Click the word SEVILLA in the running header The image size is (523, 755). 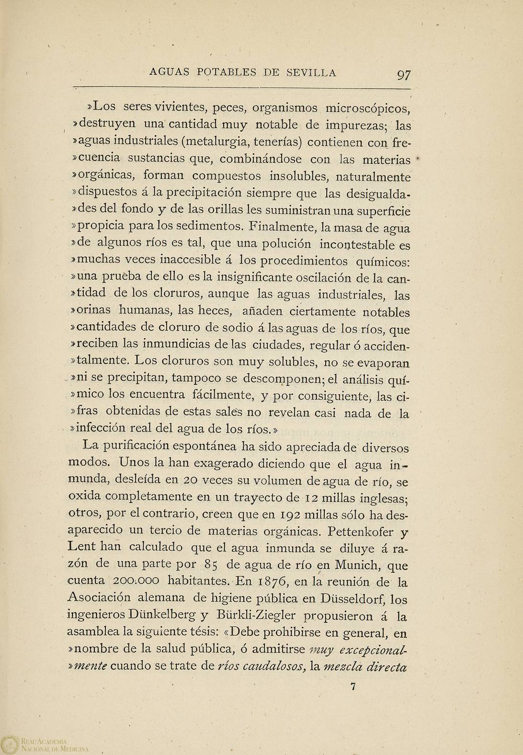click(311, 73)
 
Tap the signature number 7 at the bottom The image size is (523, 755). click(353, 686)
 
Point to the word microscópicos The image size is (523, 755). click(368, 107)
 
